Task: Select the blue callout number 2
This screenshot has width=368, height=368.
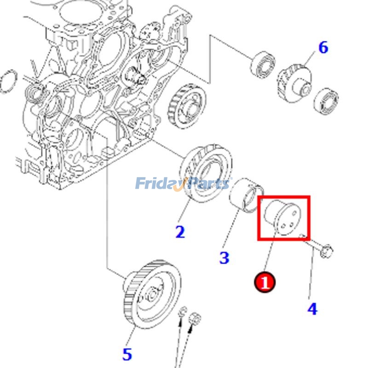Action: point(180,231)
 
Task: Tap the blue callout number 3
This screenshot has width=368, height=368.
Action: point(224,258)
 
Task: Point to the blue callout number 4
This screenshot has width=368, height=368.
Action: point(312,309)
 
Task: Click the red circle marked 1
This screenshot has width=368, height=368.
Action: point(265,282)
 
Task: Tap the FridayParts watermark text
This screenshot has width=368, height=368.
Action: point(183,184)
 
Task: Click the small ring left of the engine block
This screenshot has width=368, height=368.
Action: point(8,82)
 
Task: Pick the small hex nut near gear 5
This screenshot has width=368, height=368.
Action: point(195,317)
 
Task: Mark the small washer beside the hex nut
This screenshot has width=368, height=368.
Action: point(183,311)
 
